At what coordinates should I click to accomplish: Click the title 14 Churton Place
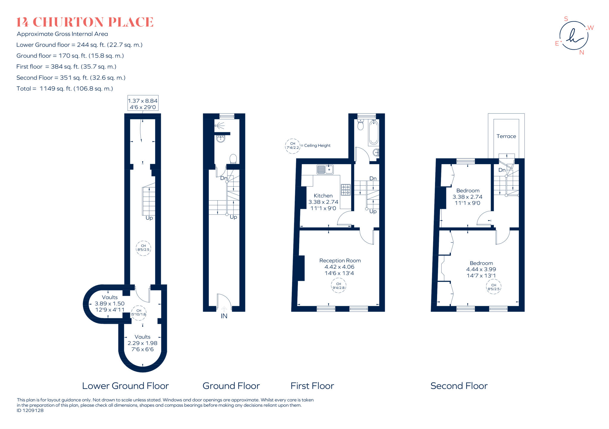[85, 22]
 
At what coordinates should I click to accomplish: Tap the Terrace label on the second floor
[506, 136]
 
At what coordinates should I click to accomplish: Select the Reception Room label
[340, 261]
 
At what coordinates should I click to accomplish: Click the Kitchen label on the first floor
[323, 196]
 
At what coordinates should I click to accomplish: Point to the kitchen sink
[325, 169]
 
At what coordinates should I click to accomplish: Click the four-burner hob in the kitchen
[346, 190]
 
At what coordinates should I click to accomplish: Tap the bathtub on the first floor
[373, 133]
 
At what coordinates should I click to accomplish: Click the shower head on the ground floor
[219, 126]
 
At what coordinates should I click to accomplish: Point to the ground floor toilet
[233, 159]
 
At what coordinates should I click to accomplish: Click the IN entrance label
[224, 316]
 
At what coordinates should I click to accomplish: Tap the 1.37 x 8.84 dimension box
[143, 103]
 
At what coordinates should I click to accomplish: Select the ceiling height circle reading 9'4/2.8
[338, 286]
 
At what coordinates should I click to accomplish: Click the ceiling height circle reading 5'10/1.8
[139, 313]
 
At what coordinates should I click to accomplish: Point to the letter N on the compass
[582, 52]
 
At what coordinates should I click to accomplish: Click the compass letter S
[566, 19]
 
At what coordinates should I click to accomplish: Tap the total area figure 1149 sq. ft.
[56, 89]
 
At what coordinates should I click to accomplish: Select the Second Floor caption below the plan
[459, 386]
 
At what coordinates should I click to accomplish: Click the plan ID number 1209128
[33, 411]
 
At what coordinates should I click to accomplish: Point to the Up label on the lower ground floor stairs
[149, 218]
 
